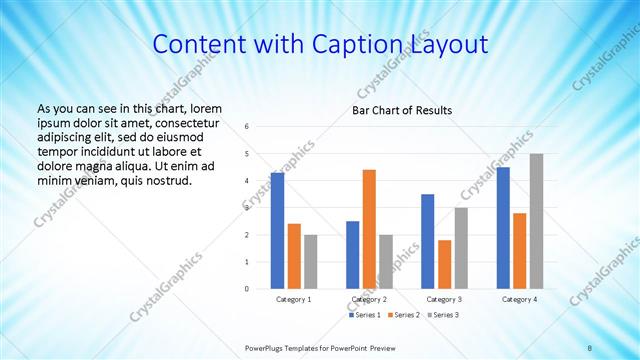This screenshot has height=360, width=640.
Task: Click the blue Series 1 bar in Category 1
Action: (x=277, y=231)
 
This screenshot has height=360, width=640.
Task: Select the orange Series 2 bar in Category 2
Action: (x=369, y=229)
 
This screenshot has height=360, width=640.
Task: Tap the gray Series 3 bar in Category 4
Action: (x=537, y=221)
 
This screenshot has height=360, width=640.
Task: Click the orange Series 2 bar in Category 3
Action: (x=444, y=264)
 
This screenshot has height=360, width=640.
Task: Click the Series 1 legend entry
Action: (x=364, y=316)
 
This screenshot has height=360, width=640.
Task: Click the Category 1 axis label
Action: (x=294, y=299)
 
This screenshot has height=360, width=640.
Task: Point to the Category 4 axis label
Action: (x=520, y=299)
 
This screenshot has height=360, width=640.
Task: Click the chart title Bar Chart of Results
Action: (x=402, y=110)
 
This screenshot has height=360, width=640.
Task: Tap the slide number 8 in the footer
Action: (x=590, y=347)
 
